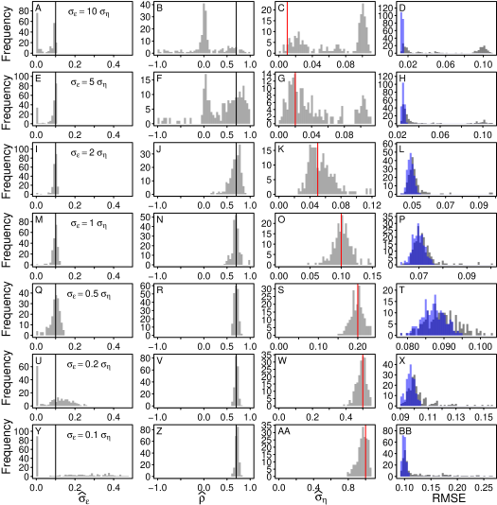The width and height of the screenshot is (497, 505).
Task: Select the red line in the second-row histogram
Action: point(295,99)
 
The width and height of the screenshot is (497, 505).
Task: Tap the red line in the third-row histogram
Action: point(318,170)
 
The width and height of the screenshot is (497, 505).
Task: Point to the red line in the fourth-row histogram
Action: point(342,241)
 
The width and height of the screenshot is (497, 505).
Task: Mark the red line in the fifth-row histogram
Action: point(358,310)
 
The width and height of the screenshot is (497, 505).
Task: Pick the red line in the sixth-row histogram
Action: point(363,381)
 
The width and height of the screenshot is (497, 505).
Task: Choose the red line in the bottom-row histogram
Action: point(365,452)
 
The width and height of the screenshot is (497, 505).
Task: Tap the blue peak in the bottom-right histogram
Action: point(402,454)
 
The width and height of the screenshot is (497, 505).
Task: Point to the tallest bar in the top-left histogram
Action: point(38,32)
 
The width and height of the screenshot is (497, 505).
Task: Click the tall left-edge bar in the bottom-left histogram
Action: point(38,456)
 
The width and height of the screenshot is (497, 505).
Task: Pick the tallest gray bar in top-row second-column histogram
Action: point(204,28)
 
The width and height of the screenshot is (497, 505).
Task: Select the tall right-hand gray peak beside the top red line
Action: point(362,28)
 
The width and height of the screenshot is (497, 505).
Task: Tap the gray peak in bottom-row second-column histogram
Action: point(238,451)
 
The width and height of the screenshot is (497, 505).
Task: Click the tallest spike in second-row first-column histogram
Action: point(56,104)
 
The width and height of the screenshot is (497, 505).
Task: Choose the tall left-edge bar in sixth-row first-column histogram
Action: point(38,386)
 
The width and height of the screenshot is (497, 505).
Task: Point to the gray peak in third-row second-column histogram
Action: point(240,168)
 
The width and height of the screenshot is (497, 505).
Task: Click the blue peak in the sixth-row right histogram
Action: point(410,384)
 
